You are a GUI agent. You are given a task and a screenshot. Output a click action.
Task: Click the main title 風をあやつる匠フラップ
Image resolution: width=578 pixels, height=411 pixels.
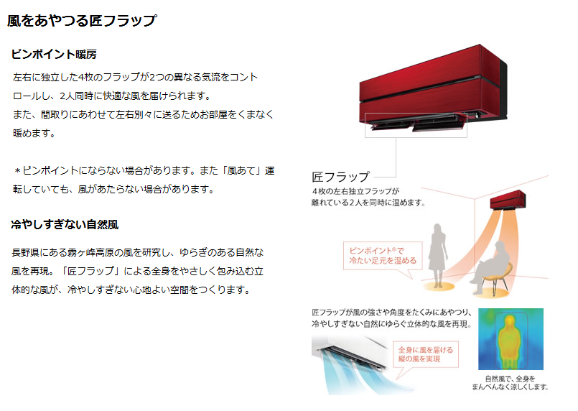click(82, 21)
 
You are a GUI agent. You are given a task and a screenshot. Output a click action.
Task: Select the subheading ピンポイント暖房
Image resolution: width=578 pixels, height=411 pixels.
click(54, 54)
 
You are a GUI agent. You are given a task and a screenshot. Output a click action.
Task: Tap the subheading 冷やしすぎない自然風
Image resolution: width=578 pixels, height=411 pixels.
click(65, 224)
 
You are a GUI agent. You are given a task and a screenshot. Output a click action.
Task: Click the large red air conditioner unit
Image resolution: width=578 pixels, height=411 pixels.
click(433, 87)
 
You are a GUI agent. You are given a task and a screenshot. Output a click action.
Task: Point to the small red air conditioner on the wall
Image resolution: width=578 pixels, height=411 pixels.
click(508, 200)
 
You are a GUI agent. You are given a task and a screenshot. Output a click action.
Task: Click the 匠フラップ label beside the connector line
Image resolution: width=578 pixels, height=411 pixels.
click(340, 177)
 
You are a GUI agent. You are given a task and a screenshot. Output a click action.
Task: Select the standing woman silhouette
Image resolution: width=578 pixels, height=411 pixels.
click(437, 255)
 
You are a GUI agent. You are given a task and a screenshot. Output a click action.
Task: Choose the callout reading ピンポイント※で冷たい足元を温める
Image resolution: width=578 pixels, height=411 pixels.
click(383, 256)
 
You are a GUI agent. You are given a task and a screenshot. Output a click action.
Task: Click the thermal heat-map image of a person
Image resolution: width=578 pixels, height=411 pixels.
click(511, 338)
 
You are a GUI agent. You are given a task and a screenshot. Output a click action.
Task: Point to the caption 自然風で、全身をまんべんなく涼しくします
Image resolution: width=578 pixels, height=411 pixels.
click(511, 382)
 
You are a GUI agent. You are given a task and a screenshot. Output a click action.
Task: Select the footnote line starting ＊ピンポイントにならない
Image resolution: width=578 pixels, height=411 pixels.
click(144, 171)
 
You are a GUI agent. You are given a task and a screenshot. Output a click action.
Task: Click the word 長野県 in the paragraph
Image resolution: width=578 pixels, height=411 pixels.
click(25, 252)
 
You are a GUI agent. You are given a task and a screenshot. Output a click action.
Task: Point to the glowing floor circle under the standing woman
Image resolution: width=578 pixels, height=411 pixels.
click(438, 286)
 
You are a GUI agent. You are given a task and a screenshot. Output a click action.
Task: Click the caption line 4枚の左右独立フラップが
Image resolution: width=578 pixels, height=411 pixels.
click(355, 191)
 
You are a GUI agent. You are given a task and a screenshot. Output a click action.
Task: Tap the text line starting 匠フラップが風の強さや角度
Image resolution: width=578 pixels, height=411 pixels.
click(392, 313)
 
